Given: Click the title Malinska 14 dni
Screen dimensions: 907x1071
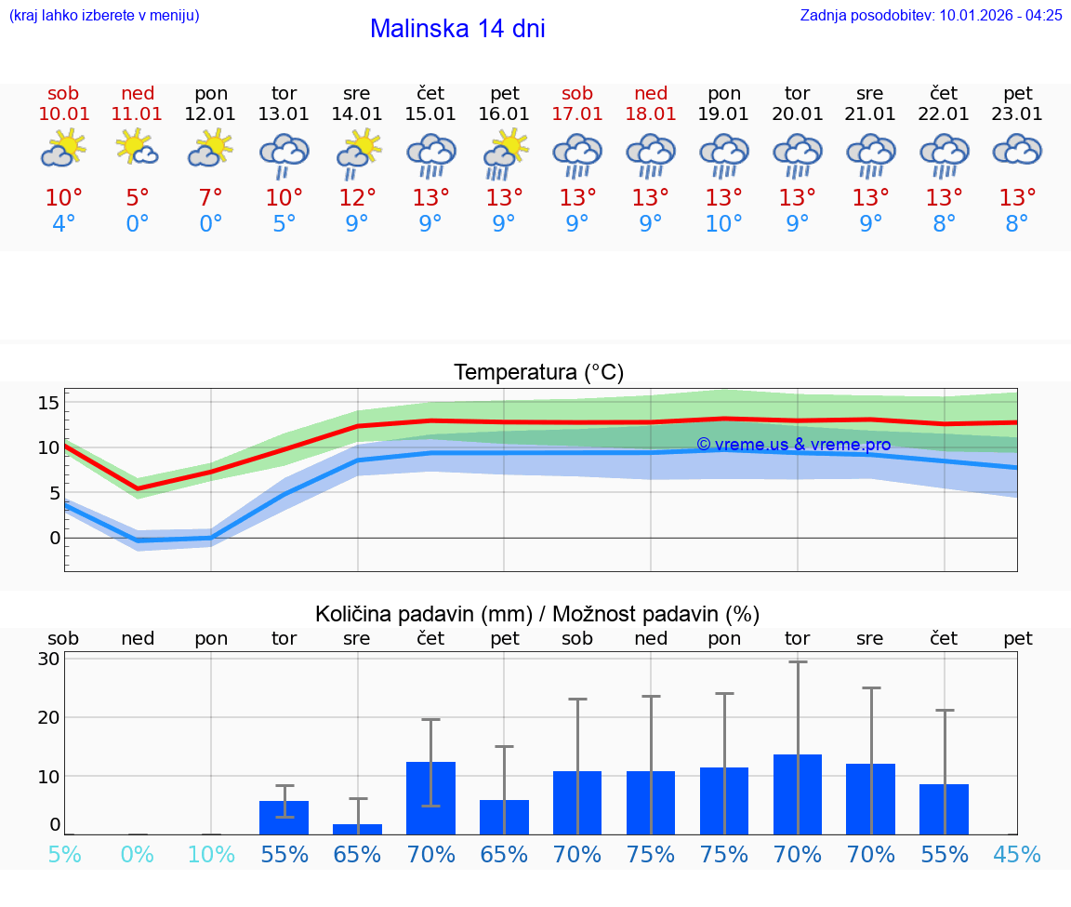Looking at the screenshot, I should [457, 29].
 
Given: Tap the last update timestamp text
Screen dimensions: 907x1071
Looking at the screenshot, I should [931, 15].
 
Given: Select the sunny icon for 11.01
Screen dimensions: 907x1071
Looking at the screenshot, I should [137, 148].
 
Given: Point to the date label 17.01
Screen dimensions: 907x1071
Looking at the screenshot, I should [577, 114].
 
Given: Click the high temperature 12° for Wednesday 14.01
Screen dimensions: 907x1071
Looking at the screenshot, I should [357, 198].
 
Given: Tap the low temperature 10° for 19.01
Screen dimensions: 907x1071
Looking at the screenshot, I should [723, 224].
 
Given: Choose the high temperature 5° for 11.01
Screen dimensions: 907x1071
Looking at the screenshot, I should [137, 198].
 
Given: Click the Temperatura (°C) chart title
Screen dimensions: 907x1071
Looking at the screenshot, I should [538, 373].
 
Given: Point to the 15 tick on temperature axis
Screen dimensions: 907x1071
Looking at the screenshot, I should [48, 403].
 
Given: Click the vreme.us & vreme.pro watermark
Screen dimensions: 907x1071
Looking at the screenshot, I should [793, 445].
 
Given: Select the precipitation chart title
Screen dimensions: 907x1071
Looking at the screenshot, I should [537, 614].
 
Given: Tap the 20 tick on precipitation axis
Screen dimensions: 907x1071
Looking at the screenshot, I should [48, 717].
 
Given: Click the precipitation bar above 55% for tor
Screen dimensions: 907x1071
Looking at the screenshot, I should [284, 818].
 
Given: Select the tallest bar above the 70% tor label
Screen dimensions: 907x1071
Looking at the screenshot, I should [798, 794].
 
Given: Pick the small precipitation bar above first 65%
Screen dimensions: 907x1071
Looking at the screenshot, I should [357, 829].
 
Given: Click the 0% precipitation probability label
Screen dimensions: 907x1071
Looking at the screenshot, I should [137, 854].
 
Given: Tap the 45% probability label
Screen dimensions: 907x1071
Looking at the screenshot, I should [1017, 854].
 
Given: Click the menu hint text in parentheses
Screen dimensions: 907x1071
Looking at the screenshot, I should [104, 15].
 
